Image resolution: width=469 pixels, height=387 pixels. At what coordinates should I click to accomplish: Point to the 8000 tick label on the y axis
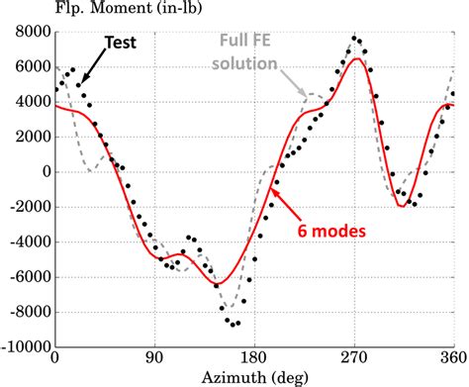click(31, 32)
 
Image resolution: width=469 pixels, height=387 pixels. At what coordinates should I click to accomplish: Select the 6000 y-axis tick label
click(31, 66)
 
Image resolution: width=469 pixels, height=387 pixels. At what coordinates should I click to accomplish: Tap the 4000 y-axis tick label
click(31, 101)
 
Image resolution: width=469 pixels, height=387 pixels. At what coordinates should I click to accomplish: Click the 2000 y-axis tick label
click(31, 136)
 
